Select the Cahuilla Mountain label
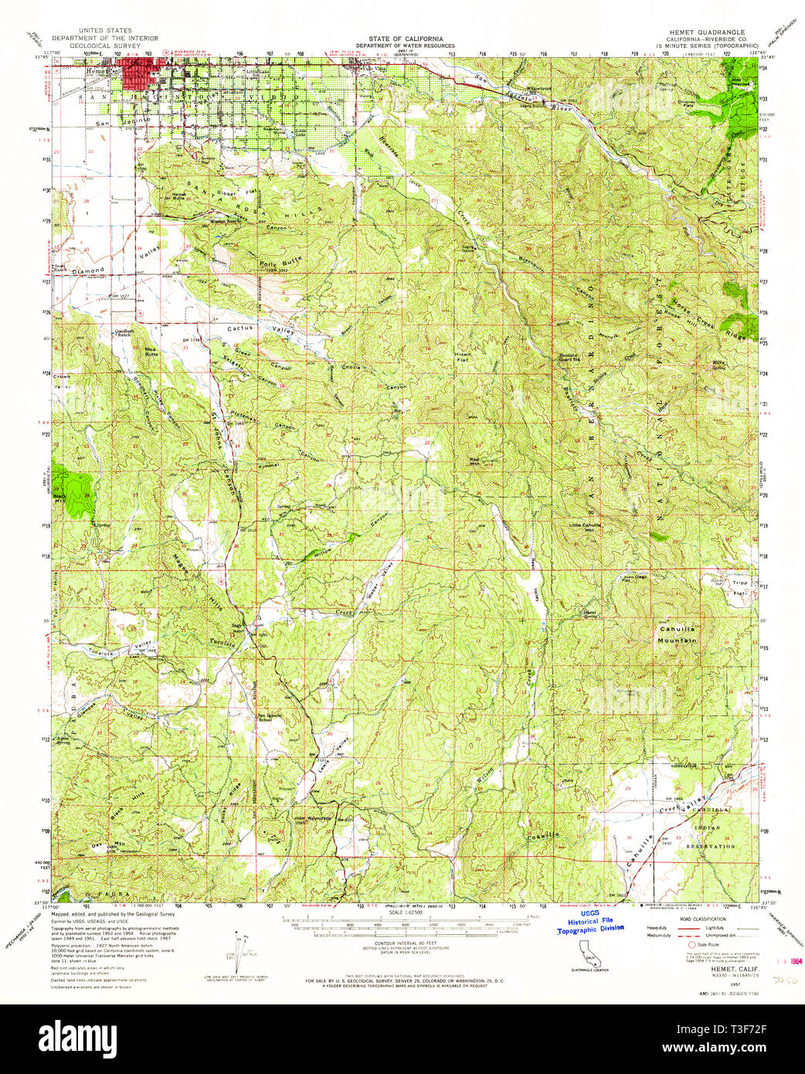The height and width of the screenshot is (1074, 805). coord(677,634)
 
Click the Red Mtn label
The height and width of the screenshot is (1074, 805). coord(474,461)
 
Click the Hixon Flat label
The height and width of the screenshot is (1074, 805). coord(462,356)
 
